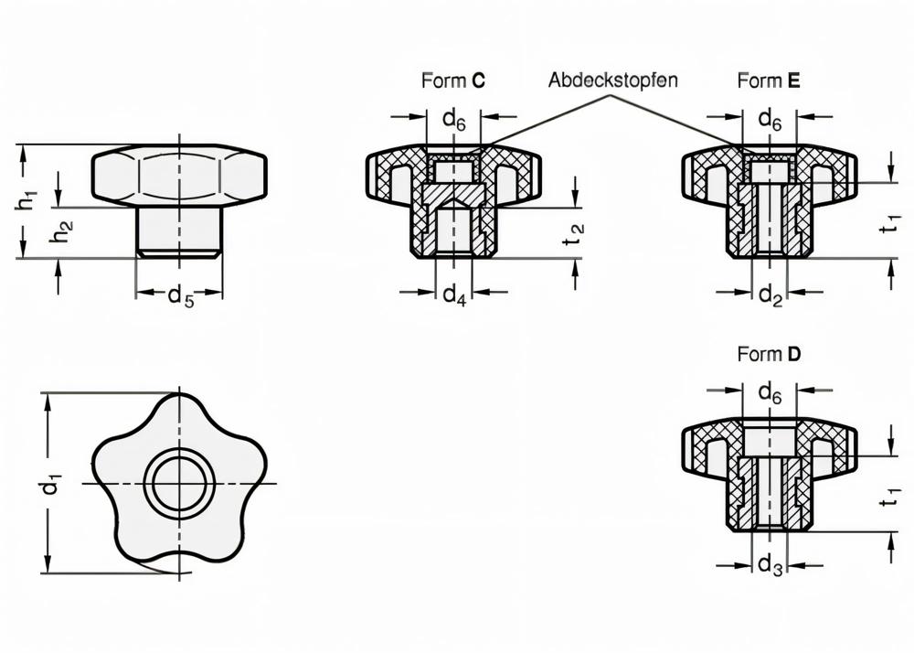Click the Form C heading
point(452,80)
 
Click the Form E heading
point(769,80)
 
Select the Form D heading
point(769,355)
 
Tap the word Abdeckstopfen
point(612,80)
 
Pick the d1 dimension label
point(53,484)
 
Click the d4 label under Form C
point(454,295)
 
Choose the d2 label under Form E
point(771,295)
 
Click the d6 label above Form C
point(454,118)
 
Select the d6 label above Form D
point(771,392)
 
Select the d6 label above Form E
point(771,118)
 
